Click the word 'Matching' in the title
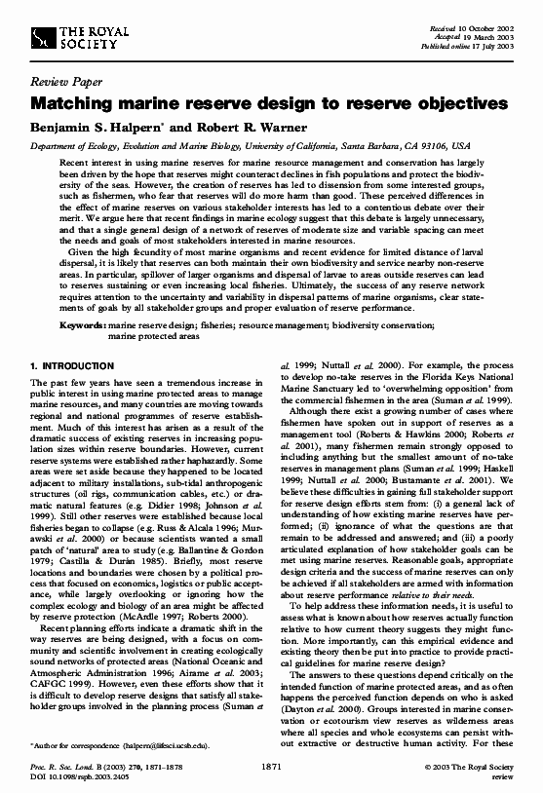click(x=75, y=102)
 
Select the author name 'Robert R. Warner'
click(x=253, y=125)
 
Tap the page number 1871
click(x=273, y=768)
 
